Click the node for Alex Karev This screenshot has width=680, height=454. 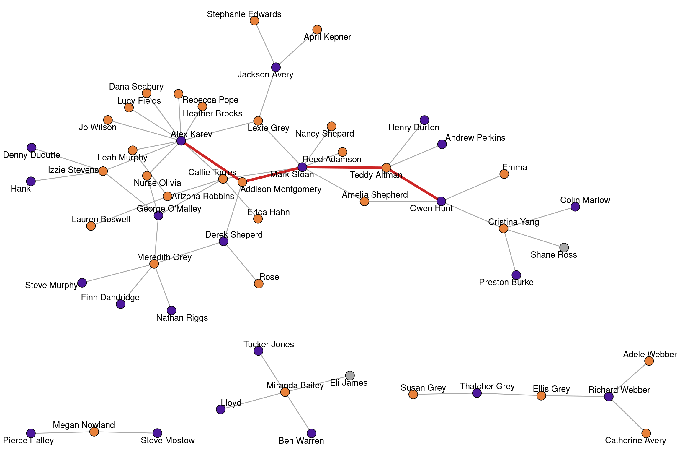click(x=181, y=141)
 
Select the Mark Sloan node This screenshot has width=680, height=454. click(x=302, y=167)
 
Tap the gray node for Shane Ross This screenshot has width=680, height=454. click(x=564, y=247)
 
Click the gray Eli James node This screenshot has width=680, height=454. click(x=350, y=375)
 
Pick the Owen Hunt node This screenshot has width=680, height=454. click(x=441, y=201)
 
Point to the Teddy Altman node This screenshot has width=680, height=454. click(x=386, y=168)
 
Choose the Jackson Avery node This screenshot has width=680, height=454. click(x=276, y=67)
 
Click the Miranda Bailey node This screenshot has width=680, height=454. click(x=285, y=392)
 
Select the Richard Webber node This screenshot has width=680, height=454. click(x=609, y=396)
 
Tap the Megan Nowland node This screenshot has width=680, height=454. click(x=94, y=432)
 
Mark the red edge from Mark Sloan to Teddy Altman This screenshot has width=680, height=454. click(x=344, y=168)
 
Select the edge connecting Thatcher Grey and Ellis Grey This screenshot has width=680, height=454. click(x=509, y=394)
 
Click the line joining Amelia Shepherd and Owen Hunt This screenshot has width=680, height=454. click(x=403, y=201)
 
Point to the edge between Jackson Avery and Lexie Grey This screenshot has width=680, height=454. click(x=267, y=94)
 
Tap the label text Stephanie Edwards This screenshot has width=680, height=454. click(x=244, y=14)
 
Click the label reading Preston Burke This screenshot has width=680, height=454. click(x=506, y=282)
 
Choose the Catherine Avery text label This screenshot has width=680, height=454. click(x=635, y=440)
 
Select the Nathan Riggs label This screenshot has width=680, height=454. click(x=182, y=318)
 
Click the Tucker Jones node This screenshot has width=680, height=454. click(x=258, y=351)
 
